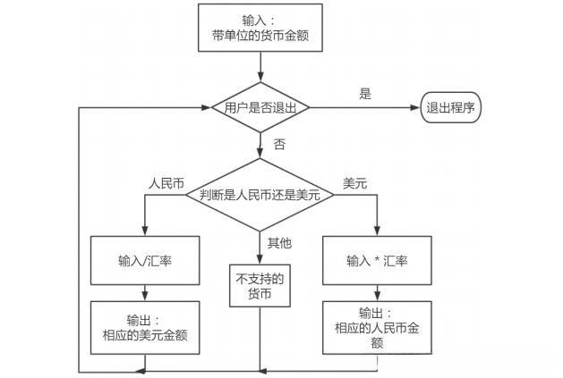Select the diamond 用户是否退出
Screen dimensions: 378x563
[x=260, y=108]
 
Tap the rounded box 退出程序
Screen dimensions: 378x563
[x=450, y=108]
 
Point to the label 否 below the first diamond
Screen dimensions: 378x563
[x=279, y=143]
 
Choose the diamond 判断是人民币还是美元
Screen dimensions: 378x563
[x=260, y=194]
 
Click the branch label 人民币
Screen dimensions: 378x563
[x=166, y=182]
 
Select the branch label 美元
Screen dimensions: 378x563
[x=355, y=182]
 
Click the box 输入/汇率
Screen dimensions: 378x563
[x=144, y=259]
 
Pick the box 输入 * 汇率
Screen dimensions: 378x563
[x=377, y=260]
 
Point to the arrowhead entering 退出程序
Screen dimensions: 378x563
[x=416, y=108]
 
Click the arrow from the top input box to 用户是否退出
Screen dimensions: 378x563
[x=260, y=66]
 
